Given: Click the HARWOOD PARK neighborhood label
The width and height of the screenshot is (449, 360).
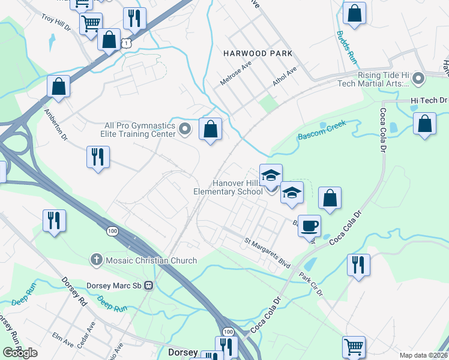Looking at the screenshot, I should (258, 53).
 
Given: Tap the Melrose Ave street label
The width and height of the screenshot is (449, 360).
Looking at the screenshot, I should (234, 76).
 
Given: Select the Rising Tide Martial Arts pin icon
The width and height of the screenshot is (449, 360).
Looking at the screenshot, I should (419, 79).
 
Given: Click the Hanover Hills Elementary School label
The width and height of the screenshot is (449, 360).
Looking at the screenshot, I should (229, 187).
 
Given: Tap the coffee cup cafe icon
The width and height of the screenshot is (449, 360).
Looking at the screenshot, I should (309, 226).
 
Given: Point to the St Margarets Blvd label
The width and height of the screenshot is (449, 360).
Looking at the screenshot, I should (267, 246).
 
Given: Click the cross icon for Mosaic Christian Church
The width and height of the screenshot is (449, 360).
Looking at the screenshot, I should (95, 260).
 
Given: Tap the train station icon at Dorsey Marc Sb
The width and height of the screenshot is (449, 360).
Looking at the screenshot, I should (154, 286).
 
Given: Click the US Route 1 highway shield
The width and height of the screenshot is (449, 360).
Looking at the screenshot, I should (125, 43).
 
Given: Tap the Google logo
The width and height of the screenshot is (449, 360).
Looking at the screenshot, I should (20, 352).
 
